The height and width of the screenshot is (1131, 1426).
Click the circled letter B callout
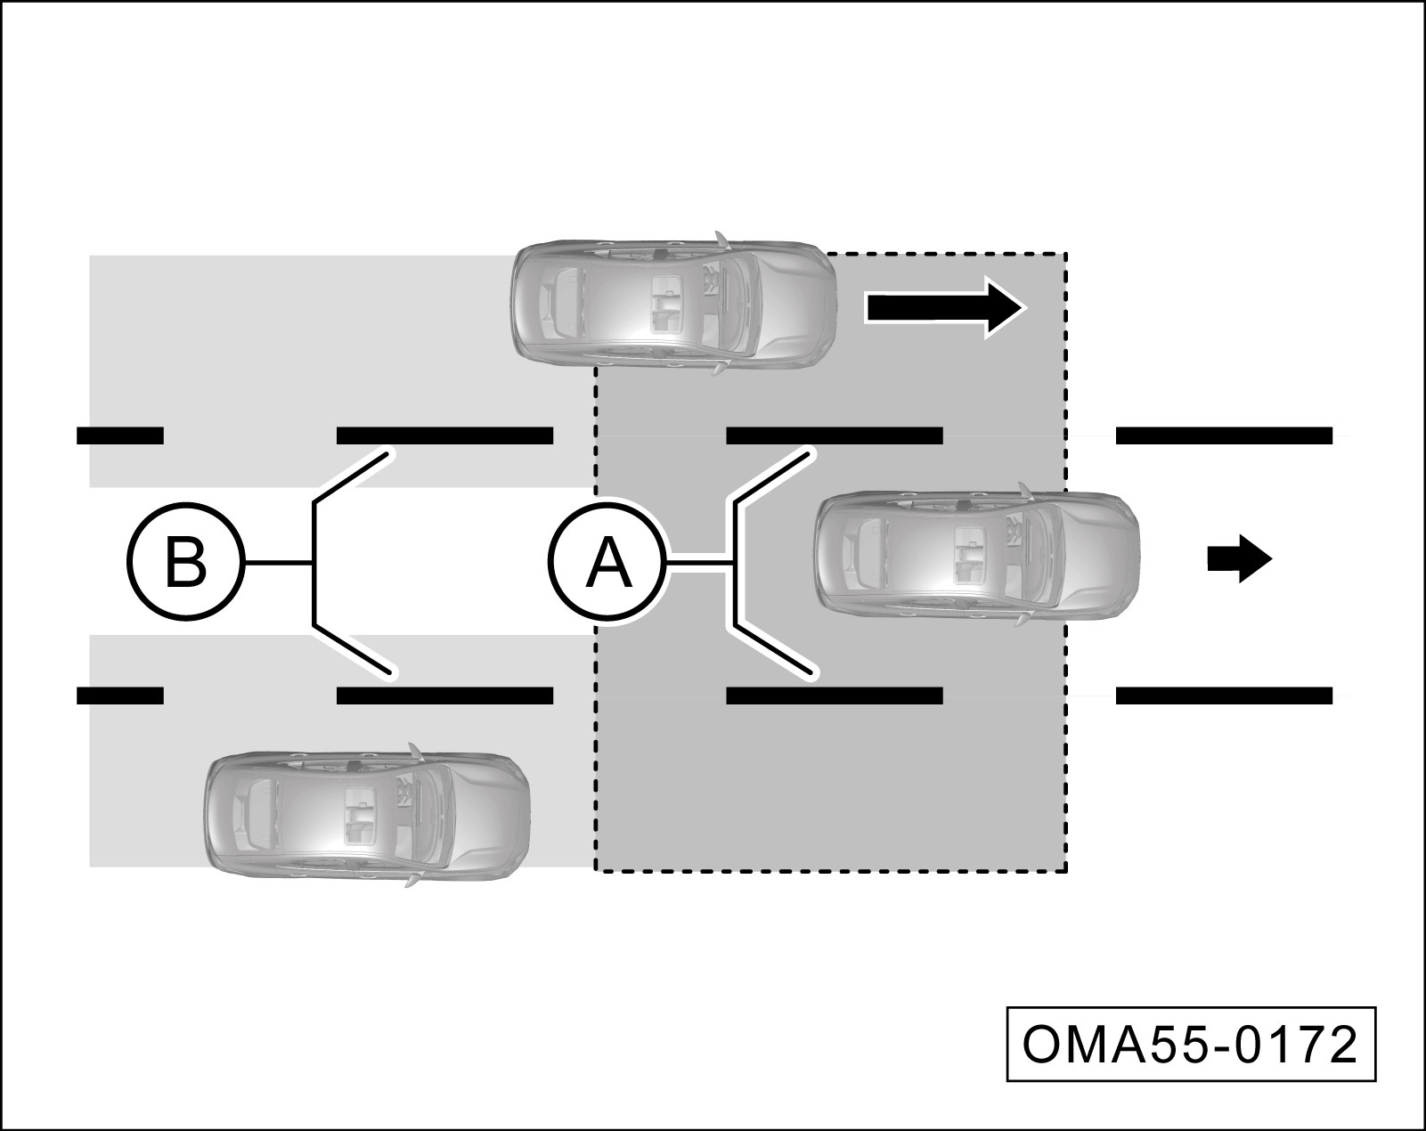[185, 563]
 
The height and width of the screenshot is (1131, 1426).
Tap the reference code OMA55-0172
[1191, 1045]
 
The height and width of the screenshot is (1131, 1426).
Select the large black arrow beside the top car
[946, 307]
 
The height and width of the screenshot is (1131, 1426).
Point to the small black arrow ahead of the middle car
[1238, 559]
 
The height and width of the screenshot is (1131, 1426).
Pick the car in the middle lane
[976, 553]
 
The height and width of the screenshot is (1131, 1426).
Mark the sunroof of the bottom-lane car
[361, 813]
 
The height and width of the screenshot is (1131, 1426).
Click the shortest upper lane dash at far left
[120, 435]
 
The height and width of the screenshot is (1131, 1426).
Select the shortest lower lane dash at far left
[120, 696]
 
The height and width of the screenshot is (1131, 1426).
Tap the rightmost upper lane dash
[1224, 435]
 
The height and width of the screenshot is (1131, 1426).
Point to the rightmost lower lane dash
[1224, 696]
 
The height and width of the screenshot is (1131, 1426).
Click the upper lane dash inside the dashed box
[835, 435]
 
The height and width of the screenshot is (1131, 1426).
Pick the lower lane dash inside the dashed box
[835, 696]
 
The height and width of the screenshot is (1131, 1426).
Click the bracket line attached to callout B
[314, 563]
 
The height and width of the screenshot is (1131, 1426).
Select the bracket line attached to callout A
[736, 563]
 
